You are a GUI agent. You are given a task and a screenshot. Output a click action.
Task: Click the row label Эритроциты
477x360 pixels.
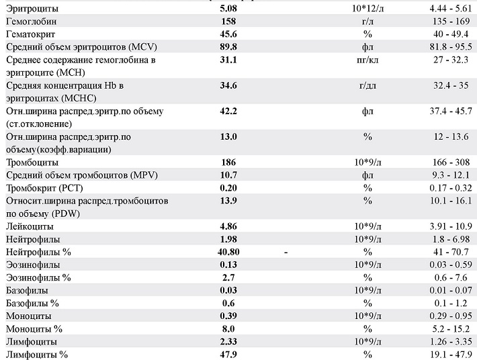click(x=32, y=9)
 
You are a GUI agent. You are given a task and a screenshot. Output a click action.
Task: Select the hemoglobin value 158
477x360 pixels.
click(x=229, y=22)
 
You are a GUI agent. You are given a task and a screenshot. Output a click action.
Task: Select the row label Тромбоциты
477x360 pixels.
click(x=32, y=163)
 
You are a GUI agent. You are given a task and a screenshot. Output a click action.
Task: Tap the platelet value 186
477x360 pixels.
click(x=229, y=163)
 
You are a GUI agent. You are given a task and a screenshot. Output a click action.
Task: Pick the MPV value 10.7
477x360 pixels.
click(x=229, y=175)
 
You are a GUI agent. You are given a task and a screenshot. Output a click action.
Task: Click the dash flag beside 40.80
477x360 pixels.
click(x=287, y=252)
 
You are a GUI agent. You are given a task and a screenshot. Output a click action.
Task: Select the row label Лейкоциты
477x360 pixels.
click(x=31, y=226)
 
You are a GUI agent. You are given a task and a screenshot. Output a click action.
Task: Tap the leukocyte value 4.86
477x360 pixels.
click(x=229, y=226)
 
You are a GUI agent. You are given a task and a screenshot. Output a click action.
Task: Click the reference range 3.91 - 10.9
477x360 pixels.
click(x=449, y=226)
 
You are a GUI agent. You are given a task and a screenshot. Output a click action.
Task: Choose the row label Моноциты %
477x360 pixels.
click(x=34, y=328)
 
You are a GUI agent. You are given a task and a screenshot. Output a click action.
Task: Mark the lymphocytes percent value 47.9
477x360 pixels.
click(x=229, y=354)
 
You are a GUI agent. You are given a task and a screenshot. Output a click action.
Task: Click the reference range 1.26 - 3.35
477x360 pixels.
click(x=449, y=341)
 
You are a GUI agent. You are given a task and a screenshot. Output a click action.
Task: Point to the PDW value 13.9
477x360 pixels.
click(x=229, y=201)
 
